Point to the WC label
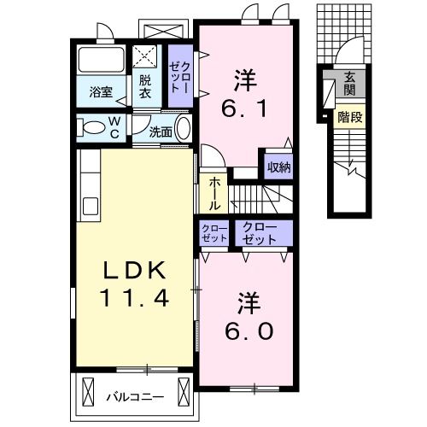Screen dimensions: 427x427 pyautogui.click(x=113, y=127)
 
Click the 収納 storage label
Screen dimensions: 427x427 pyautogui.click(x=278, y=167)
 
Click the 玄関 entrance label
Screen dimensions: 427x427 pyautogui.click(x=350, y=85)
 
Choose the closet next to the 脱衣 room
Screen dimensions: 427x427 pyautogui.click(x=179, y=75)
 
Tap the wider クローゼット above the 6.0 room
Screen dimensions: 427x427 pyautogui.click(x=259, y=232)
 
